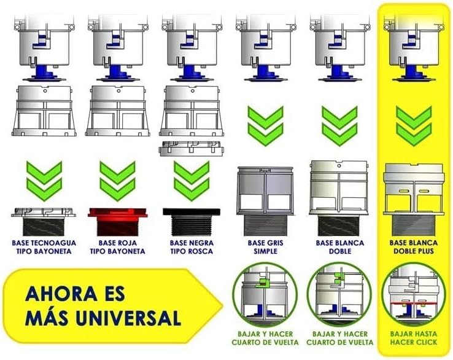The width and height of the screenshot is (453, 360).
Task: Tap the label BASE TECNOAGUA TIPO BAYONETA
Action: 44,247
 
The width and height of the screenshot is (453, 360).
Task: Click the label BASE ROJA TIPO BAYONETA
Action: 115,247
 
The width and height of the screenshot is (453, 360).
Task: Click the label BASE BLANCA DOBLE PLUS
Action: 414,247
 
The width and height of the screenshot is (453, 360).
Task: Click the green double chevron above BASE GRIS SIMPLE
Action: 265,126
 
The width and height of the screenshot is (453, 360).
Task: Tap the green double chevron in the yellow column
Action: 414,126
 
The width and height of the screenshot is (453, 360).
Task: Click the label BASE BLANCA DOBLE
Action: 340,247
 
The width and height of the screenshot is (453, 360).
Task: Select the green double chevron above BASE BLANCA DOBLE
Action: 340,126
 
